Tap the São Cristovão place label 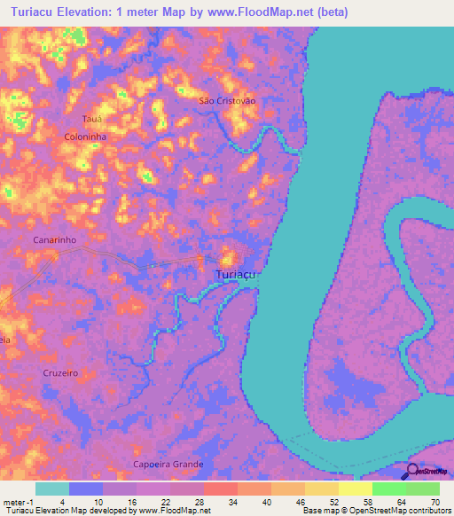pos(227,101)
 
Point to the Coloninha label pos(86,137)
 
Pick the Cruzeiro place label pos(60,373)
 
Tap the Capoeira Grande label pos(168,465)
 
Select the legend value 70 pos(434,501)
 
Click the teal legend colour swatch pos(51,489)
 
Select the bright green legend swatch pos(388,489)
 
